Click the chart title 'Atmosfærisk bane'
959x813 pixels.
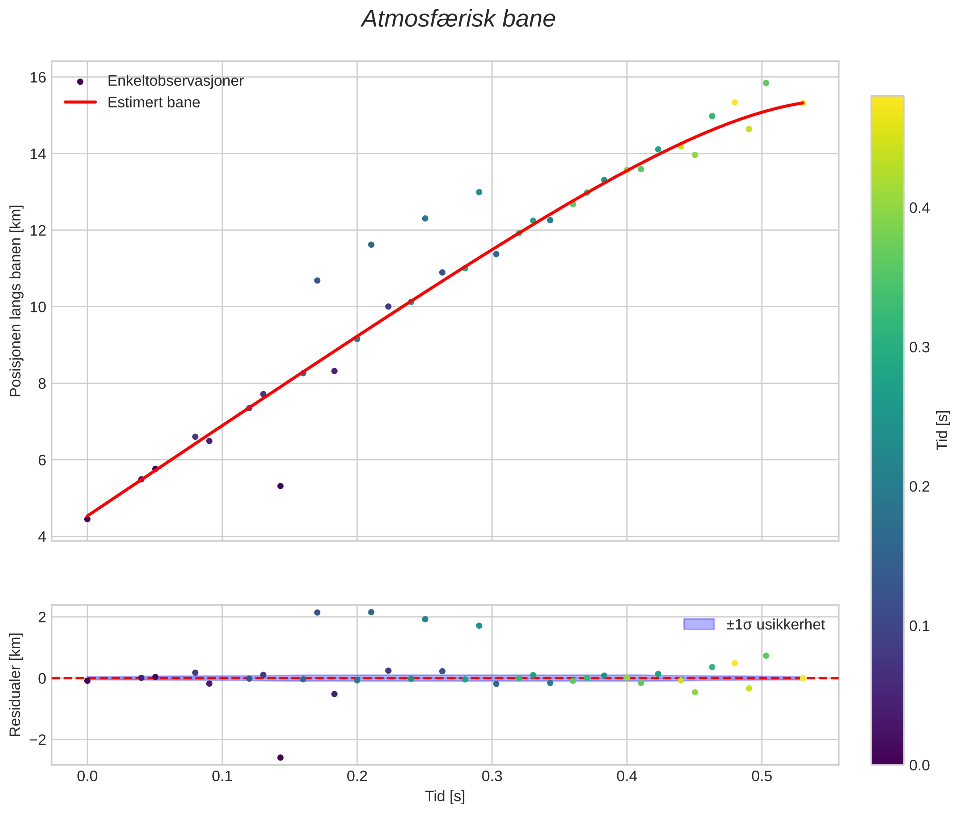tap(458, 19)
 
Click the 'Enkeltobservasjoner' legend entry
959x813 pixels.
tap(175, 81)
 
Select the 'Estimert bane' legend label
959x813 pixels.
tap(153, 102)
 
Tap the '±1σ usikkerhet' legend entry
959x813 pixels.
tap(775, 624)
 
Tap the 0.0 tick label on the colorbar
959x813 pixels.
tap(919, 766)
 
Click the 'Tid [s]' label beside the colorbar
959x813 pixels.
tap(943, 430)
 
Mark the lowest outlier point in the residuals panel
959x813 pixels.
tap(280, 758)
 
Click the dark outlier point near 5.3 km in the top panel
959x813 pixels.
tap(280, 486)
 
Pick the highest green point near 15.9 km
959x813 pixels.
tap(766, 83)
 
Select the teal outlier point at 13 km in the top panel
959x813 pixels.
tap(479, 192)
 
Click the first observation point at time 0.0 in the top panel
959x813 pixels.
tap(87, 519)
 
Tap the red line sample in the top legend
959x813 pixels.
tap(80, 102)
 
